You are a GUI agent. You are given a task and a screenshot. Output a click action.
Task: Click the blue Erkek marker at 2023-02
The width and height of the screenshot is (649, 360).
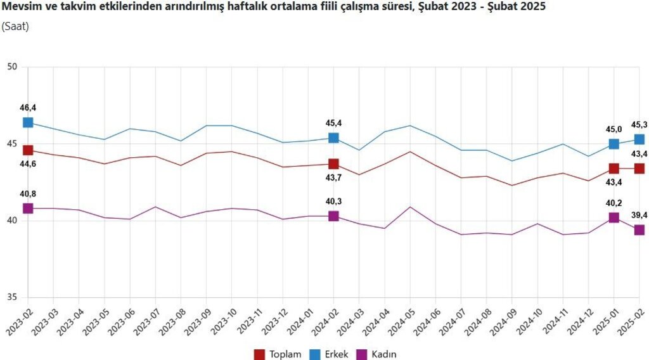click(x=28, y=122)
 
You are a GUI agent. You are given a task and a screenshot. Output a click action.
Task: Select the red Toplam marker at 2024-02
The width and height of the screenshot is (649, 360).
click(x=333, y=164)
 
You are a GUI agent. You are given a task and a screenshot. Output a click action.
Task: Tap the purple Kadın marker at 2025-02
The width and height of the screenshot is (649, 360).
click(x=639, y=230)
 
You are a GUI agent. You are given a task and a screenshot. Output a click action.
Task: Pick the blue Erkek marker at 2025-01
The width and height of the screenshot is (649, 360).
click(x=614, y=144)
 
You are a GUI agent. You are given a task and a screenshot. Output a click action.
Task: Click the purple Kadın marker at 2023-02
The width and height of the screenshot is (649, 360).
click(x=28, y=209)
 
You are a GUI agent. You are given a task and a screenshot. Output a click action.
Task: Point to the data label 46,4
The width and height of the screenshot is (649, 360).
click(x=28, y=108)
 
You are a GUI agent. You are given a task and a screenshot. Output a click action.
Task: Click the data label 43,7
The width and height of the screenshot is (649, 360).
click(x=333, y=179)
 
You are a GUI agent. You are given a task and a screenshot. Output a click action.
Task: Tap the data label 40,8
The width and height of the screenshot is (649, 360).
click(x=28, y=194)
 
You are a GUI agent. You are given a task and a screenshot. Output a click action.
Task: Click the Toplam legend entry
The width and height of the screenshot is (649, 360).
click(x=278, y=354)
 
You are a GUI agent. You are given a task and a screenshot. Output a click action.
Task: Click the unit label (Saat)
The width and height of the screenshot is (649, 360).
click(x=15, y=27)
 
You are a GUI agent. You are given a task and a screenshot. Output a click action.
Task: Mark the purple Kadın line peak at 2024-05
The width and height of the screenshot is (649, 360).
click(x=410, y=207)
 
